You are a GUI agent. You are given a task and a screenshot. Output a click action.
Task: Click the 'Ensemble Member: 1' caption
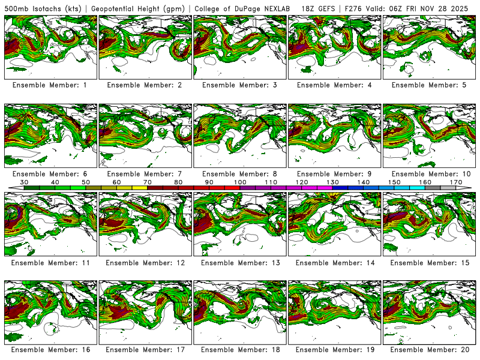[x=49, y=85]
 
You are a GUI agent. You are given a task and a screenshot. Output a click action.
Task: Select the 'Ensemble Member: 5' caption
[x=429, y=85]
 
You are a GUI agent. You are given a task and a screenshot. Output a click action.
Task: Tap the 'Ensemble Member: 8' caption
[x=239, y=174]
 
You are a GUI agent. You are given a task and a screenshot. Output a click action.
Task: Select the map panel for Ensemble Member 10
[x=428, y=136]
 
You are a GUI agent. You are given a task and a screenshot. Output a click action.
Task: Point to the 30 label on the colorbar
[x=25, y=182]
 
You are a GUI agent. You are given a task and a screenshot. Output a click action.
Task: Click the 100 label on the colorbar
[x=240, y=182]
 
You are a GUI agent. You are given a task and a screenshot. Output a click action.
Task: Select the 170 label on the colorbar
[x=455, y=182]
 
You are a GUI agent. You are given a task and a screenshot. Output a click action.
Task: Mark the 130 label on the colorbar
[x=332, y=182]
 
